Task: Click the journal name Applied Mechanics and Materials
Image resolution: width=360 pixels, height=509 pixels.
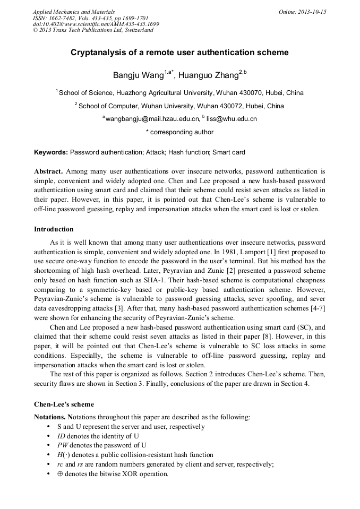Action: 73,11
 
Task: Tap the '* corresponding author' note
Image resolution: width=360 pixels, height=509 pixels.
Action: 179,132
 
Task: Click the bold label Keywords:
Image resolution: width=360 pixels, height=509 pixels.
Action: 51,152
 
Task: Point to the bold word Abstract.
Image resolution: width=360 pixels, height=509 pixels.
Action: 48,171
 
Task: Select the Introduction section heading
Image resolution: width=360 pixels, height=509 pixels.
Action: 54,229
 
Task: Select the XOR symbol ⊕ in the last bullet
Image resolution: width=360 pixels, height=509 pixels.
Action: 60,474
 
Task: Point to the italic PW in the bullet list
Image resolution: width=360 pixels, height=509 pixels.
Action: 63,445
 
